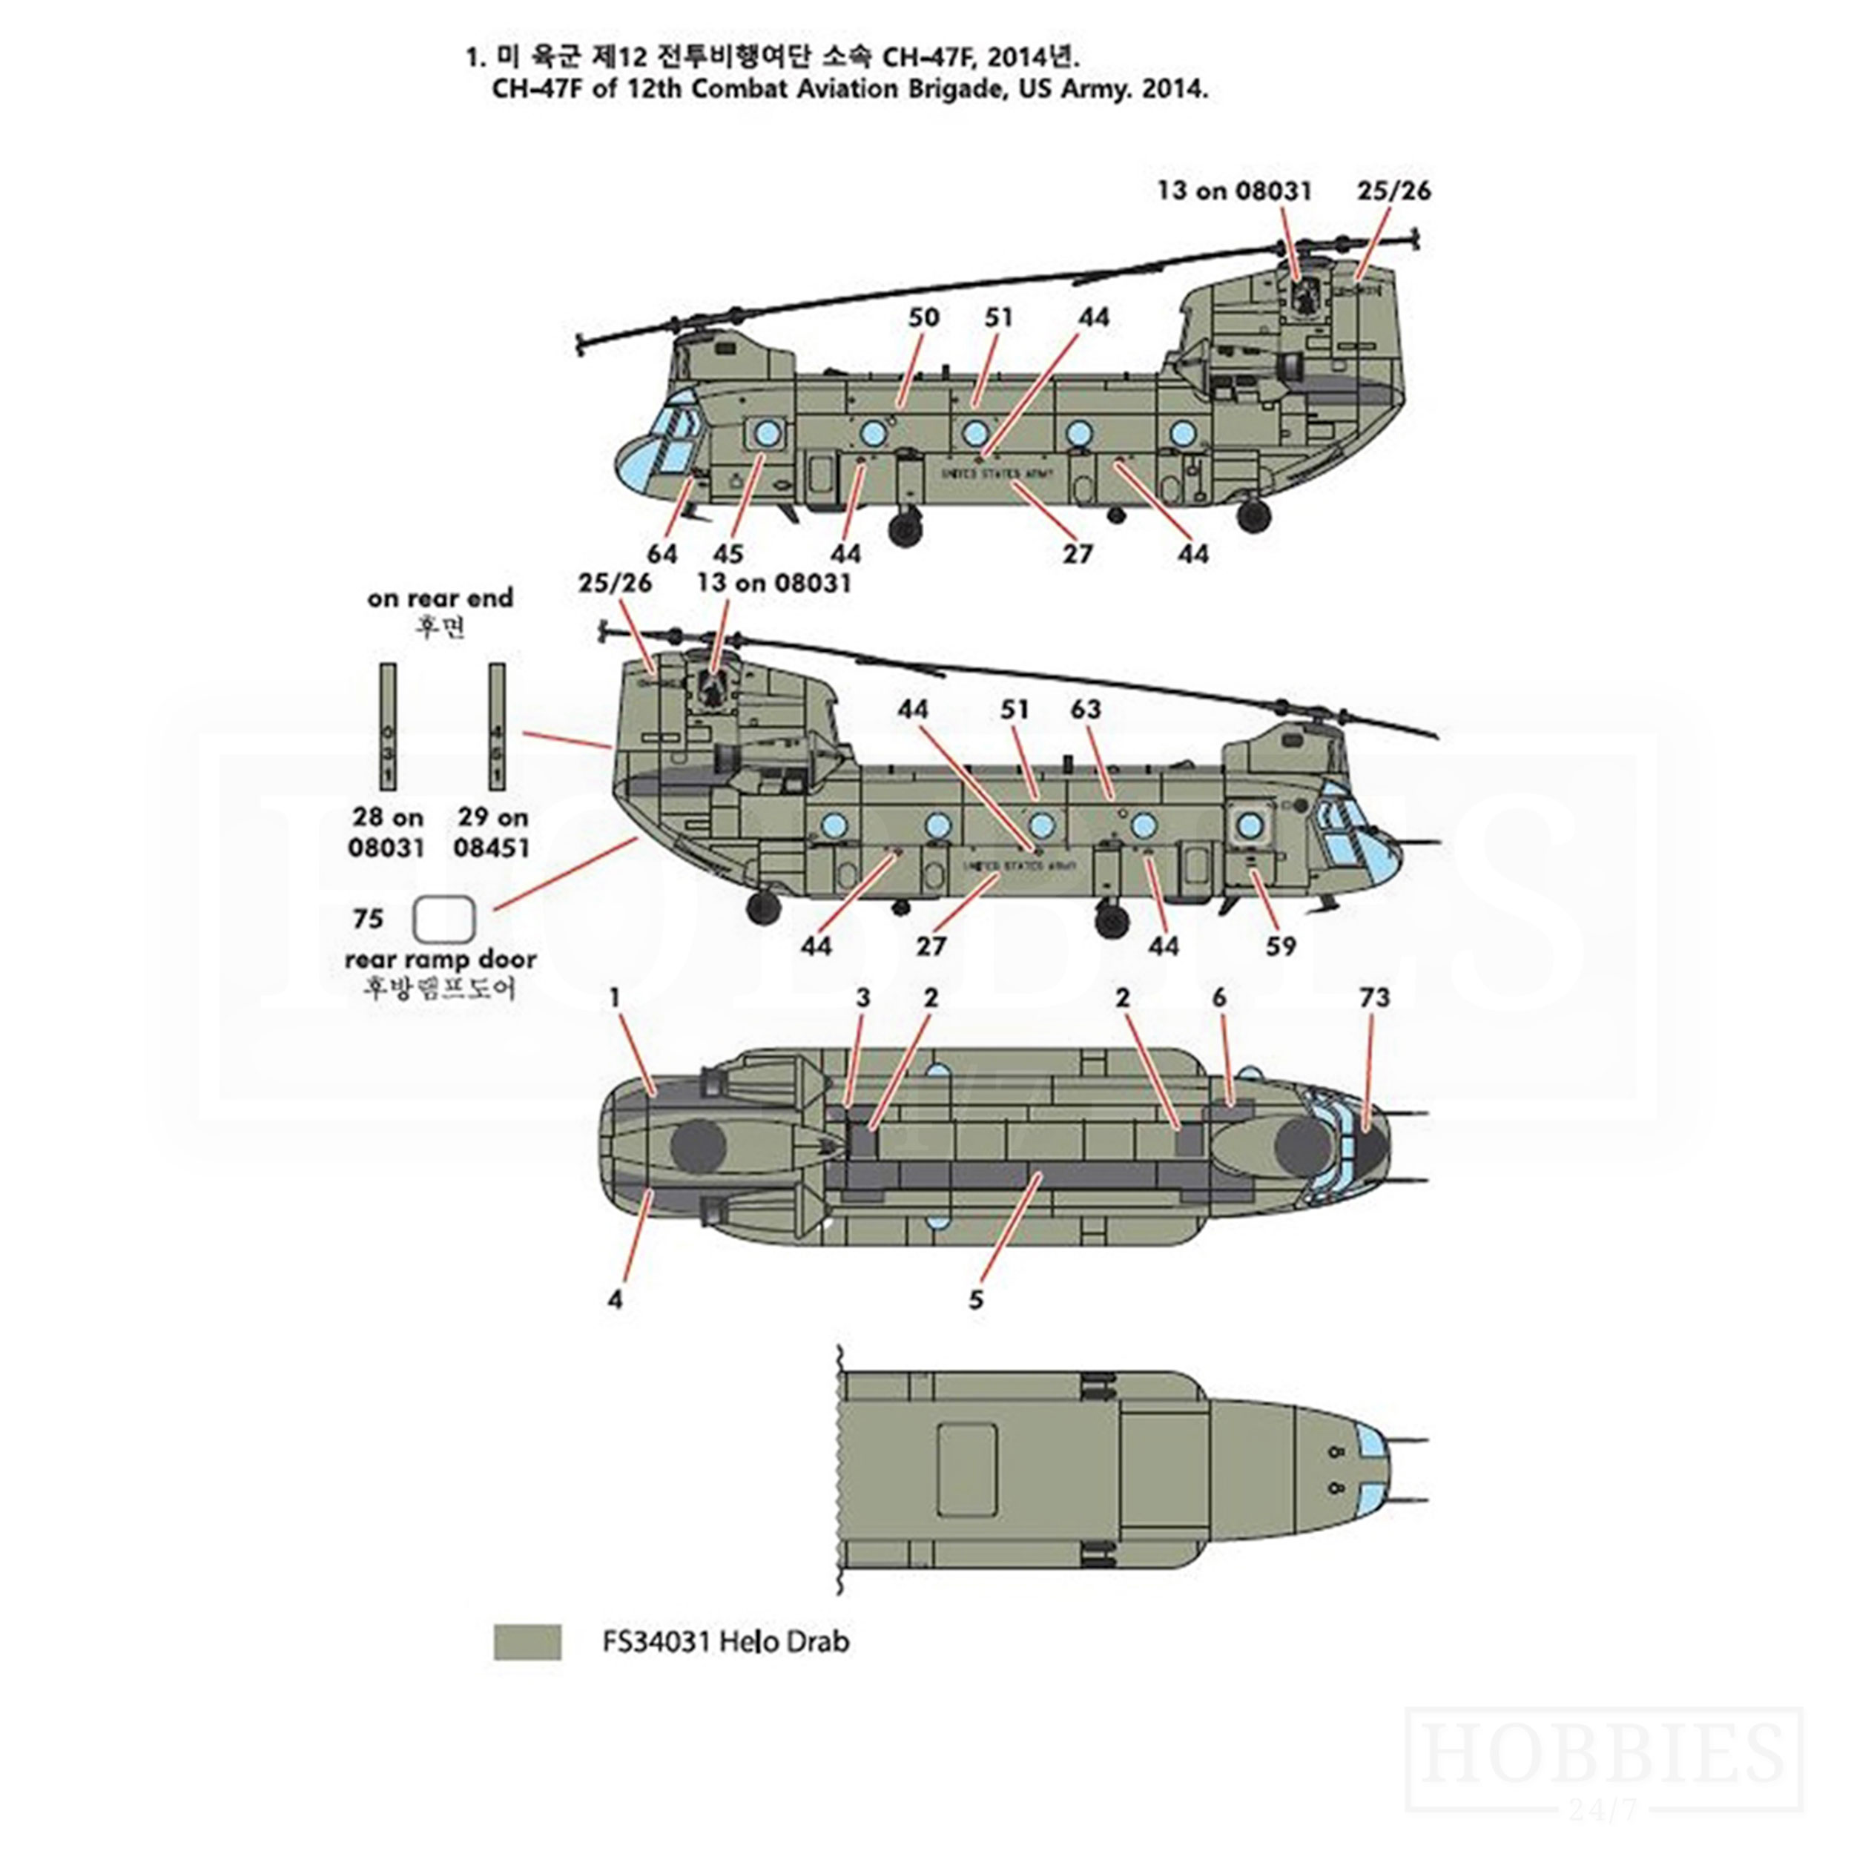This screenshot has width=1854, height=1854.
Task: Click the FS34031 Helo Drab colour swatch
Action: tap(527, 1642)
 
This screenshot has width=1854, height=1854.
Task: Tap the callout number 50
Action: tap(923, 317)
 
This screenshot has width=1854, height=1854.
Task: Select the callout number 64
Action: tap(662, 554)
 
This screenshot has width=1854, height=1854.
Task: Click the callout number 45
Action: tap(728, 554)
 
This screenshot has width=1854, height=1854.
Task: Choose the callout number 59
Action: tap(1280, 946)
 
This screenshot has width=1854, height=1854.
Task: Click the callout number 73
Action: tap(1374, 998)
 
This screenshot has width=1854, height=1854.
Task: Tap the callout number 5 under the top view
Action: tap(976, 1299)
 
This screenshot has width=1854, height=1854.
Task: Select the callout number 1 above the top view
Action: tap(615, 998)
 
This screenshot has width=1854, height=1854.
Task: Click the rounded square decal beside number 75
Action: tap(443, 920)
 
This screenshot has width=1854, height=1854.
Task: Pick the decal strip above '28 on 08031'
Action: tap(388, 727)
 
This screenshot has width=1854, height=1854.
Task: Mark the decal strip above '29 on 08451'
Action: tap(496, 727)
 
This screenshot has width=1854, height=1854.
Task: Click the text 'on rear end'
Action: tap(441, 598)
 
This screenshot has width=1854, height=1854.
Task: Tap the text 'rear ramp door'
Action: tap(441, 959)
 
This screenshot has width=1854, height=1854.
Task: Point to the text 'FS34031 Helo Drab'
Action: tap(725, 1642)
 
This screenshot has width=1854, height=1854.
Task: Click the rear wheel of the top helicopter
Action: tap(1253, 516)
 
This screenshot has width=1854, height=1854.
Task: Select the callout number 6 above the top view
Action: tap(1218, 998)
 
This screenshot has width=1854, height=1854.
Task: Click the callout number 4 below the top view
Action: tap(615, 1299)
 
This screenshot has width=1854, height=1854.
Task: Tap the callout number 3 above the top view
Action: tap(862, 998)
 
